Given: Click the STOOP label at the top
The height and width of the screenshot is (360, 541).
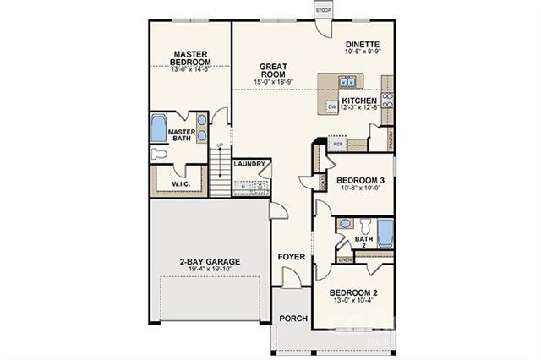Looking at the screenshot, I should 324,9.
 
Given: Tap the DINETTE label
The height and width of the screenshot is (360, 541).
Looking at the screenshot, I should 362,45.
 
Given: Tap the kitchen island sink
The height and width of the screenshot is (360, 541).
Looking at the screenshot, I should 346,82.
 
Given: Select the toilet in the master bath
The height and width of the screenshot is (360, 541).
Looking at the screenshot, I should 161,155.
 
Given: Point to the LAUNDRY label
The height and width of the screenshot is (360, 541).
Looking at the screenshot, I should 250,164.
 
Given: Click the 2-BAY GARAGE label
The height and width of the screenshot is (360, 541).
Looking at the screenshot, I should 210,261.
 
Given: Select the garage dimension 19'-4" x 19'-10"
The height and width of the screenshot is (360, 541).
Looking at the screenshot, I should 210,270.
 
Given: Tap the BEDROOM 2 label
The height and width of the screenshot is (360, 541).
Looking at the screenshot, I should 354,292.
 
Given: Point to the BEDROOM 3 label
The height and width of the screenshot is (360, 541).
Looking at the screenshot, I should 361,180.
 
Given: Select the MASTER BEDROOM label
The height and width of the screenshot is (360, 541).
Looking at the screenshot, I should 190,57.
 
